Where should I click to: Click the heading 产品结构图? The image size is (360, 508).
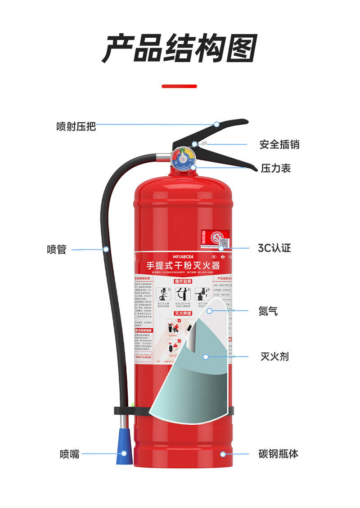point(180,48)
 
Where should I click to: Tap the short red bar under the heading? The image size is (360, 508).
point(179,86)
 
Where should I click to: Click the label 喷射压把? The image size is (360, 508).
point(76,126)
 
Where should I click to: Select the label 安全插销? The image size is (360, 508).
point(279,145)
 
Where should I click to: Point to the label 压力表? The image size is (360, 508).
point(275,168)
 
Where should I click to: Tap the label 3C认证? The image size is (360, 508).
point(274,248)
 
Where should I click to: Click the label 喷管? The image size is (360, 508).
point(57,250)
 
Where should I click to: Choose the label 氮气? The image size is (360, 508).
point(268,311)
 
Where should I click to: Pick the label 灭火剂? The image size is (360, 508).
point(274,357)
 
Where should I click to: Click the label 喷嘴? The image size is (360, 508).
point(69,454)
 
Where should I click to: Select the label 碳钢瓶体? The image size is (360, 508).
point(278,454)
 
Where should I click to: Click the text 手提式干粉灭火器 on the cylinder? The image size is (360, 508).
point(183,265)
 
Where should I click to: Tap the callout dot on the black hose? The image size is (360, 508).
point(106,249)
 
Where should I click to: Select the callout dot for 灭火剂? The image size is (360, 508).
point(206,357)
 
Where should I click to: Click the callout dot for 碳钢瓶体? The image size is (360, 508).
point(223,454)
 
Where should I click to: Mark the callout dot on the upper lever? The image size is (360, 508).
point(216,124)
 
